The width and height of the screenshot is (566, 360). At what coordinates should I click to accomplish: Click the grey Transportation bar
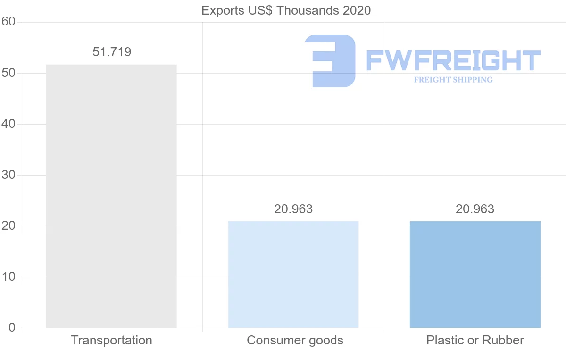111,196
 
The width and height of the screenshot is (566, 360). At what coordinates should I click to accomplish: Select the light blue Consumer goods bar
293,275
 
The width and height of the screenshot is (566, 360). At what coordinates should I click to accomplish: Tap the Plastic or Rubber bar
475,275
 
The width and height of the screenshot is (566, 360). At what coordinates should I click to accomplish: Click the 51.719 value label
112,52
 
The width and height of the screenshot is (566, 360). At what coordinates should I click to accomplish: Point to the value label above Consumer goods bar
293,209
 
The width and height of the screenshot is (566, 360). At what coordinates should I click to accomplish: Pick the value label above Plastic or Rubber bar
475,209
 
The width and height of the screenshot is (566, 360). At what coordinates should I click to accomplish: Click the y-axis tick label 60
8,22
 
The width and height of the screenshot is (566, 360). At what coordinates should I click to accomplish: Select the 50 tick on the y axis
8,73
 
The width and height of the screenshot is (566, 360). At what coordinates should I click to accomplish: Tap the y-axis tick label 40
8,124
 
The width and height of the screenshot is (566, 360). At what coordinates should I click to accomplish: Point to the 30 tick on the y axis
8,175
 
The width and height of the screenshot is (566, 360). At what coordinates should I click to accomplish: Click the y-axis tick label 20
8,226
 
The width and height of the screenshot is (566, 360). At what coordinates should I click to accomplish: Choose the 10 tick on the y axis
8,277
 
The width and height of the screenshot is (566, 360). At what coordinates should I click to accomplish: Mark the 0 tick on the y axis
12,328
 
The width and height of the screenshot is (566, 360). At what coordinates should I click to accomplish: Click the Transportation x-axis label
112,340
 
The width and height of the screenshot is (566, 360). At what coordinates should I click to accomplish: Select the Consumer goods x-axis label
295,340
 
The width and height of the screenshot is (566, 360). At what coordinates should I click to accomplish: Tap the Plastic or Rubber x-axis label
475,340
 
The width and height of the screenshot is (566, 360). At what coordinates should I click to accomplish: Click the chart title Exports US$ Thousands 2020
286,10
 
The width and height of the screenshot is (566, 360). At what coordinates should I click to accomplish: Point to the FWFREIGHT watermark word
453,61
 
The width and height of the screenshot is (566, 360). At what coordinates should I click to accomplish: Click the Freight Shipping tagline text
453,80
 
